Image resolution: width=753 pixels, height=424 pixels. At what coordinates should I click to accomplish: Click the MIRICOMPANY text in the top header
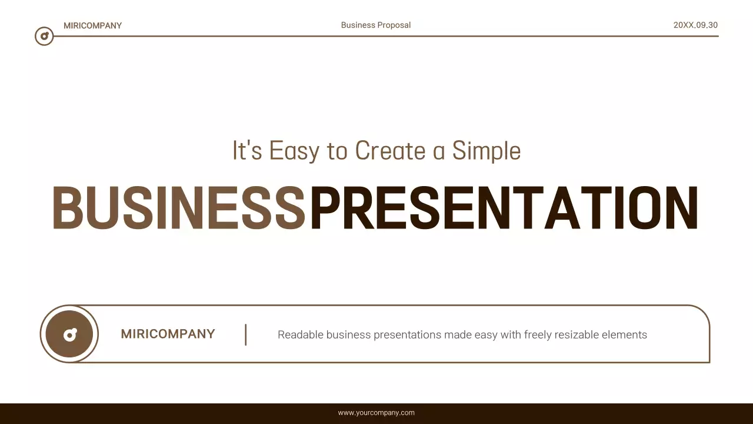(92, 25)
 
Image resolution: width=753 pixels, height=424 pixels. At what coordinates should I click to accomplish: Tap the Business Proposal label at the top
(376, 25)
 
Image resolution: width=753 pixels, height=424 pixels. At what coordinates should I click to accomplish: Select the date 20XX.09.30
(695, 25)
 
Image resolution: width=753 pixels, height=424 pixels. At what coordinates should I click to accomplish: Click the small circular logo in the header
(44, 37)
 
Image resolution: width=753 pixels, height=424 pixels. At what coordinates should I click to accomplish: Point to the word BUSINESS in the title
(179, 208)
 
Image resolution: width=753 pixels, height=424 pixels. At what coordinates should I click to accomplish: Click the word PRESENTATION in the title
(504, 208)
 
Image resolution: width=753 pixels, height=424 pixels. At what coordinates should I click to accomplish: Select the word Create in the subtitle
(390, 151)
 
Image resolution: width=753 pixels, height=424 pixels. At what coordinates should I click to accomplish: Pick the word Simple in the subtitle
(487, 151)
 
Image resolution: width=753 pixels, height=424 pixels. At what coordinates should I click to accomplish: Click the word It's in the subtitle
(247, 151)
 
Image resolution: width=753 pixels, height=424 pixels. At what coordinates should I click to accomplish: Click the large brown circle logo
(69, 334)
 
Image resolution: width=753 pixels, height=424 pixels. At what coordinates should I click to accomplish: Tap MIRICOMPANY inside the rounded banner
(168, 334)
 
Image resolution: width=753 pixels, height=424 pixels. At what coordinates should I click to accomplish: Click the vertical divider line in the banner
(245, 334)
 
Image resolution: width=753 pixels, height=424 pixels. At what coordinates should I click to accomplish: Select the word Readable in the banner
(300, 334)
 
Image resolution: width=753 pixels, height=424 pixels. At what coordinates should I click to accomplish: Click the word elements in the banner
(624, 334)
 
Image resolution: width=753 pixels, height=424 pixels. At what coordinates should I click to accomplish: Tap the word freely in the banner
(538, 334)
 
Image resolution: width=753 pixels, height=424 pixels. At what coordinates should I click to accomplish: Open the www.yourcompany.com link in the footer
(376, 413)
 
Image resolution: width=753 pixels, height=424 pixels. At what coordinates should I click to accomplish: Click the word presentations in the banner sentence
(407, 334)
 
